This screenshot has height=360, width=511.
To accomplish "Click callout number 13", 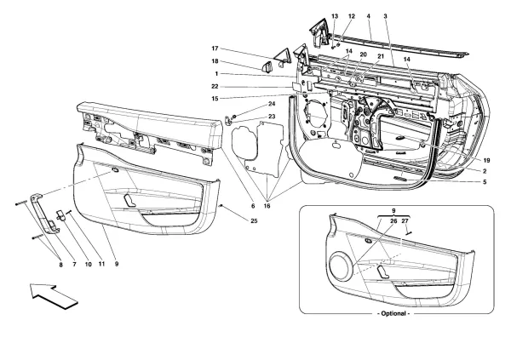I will click(335, 17).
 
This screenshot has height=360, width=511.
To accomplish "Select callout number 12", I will click(351, 17).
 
